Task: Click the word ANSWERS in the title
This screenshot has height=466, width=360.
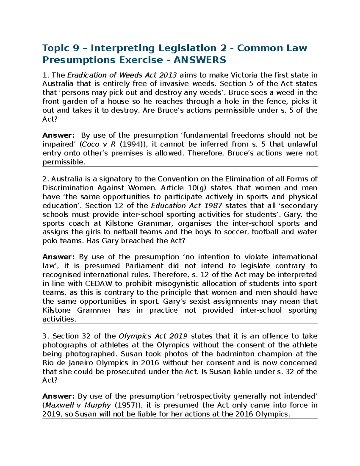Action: [200, 60]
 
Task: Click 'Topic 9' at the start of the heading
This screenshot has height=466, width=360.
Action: [61, 48]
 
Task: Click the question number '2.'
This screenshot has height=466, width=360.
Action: [46, 179]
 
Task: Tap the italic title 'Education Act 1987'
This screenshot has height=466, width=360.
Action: [187, 206]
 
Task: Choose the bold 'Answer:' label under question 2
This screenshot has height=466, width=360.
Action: [58, 257]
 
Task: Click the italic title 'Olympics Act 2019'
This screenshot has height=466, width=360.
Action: [153, 336]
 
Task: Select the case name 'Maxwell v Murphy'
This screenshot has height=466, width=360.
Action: [78, 405]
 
